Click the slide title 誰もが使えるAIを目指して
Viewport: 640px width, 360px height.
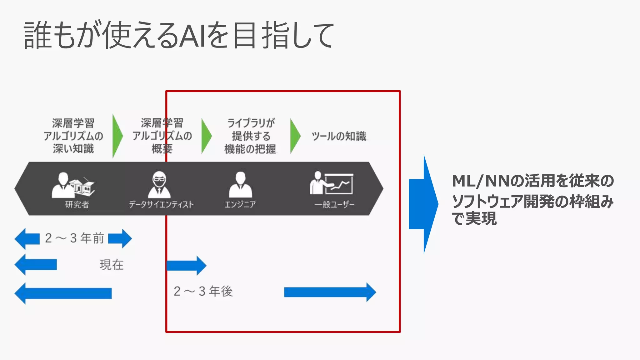click(179, 35)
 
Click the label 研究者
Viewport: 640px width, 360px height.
click(77, 205)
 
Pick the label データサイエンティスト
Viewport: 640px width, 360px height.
click(161, 205)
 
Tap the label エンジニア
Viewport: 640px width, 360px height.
click(240, 205)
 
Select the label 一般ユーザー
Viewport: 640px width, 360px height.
click(334, 205)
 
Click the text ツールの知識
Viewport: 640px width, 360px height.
click(339, 136)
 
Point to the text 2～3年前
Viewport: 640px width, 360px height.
click(74, 238)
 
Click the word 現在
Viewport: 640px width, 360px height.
click(112, 265)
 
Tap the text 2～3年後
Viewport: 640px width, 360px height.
click(203, 291)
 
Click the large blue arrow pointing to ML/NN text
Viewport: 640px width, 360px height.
click(423, 204)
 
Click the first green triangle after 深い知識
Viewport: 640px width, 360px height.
click(117, 136)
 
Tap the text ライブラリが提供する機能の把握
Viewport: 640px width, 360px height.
click(251, 136)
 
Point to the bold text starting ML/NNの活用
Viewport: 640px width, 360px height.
click(532, 199)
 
